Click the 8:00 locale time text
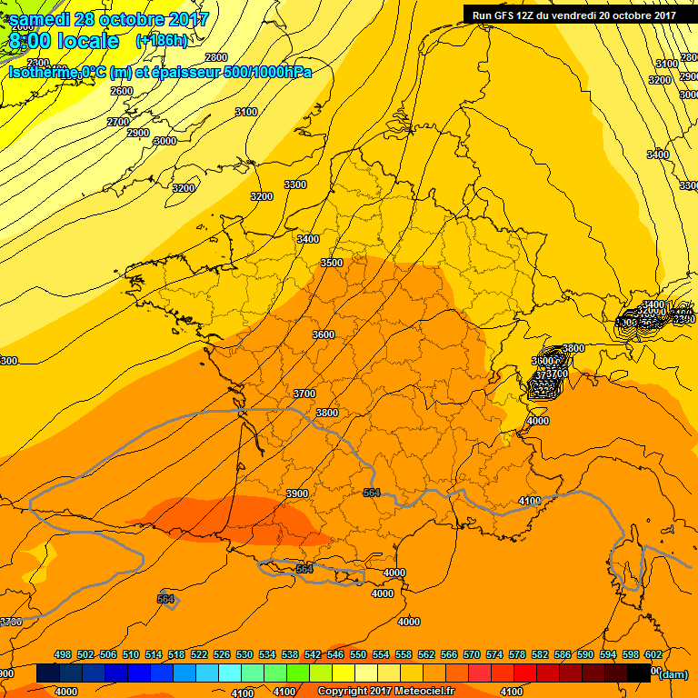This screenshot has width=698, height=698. [63, 41]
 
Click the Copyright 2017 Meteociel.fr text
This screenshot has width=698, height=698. [386, 692]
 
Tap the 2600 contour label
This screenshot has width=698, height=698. [122, 91]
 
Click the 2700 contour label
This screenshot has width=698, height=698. [118, 122]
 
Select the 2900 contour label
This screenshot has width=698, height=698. [138, 134]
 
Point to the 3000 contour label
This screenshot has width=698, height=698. [165, 141]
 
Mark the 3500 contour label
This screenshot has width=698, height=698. [332, 263]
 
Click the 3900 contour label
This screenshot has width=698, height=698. [297, 494]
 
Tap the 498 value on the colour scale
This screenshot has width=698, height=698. [63, 654]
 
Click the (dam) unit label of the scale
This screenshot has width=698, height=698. [673, 673]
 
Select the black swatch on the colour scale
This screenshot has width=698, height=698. [639, 673]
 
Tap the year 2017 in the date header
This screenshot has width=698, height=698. [190, 19]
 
